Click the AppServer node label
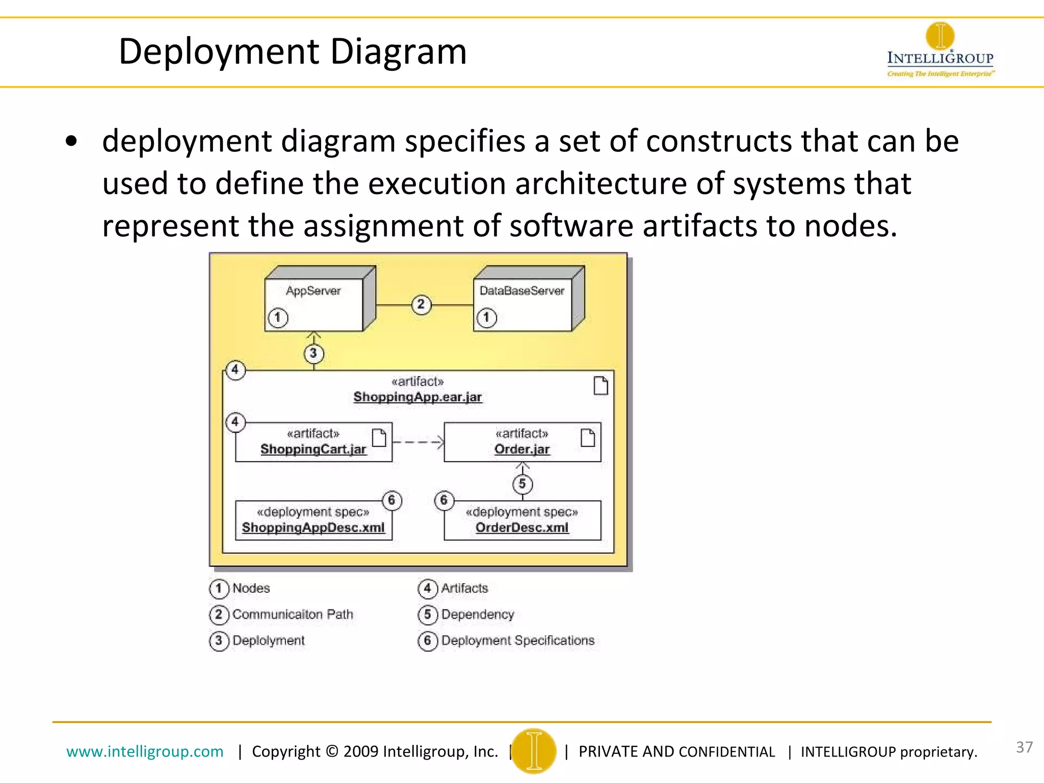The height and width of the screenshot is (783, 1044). tap(313, 291)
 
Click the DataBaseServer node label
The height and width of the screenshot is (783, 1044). tap(521, 291)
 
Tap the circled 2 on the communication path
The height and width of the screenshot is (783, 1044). tap(421, 305)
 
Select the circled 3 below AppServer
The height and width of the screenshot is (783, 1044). tap(314, 353)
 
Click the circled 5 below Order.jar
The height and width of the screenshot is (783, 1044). tap(523, 484)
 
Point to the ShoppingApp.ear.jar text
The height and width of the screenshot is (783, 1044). tap(417, 397)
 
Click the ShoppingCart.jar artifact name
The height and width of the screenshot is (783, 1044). tap(313, 449)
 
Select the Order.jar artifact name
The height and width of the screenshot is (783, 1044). tap(522, 449)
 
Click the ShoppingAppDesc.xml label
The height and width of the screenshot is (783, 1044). tap(313, 528)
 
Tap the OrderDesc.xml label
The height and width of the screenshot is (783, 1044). tap(522, 528)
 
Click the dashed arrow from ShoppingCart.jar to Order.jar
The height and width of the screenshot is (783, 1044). tap(417, 442)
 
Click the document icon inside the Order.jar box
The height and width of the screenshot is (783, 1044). tap(588, 437)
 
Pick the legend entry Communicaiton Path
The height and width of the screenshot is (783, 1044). tap(292, 614)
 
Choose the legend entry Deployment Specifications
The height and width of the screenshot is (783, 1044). tap(517, 640)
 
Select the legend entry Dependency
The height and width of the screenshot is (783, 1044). tap(477, 614)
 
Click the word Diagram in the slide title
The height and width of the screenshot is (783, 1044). tap(398, 51)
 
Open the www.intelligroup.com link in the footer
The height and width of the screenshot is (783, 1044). tap(145, 751)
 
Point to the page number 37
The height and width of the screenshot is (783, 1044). tap(1024, 747)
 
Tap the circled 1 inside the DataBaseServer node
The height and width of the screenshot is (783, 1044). tap(486, 318)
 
